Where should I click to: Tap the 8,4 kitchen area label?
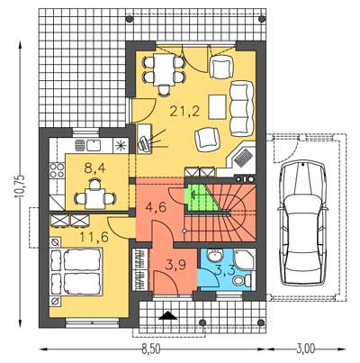[x=94, y=168]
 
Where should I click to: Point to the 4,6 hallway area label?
[x=156, y=207]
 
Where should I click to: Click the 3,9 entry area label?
[x=176, y=265]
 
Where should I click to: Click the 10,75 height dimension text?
[x=22, y=186]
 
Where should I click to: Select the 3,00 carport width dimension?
[x=306, y=349]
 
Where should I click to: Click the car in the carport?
[x=302, y=222]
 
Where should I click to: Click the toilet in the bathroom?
[x=242, y=281]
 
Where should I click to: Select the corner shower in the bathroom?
[x=245, y=259]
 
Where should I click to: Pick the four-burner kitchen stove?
[x=57, y=170]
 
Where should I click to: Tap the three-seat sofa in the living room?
[x=241, y=109]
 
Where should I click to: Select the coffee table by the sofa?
[x=217, y=106]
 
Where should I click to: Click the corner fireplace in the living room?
[x=241, y=158]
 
